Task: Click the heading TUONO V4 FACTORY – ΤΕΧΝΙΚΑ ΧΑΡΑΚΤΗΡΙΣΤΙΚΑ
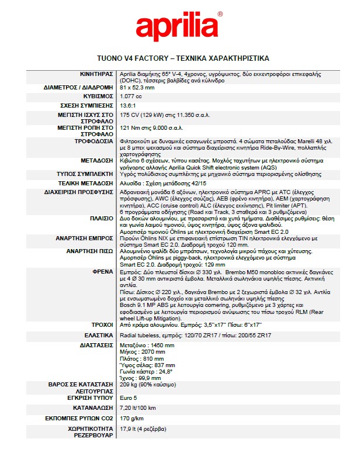182,59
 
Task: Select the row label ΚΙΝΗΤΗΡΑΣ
96,75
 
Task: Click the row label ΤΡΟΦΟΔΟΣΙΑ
93,141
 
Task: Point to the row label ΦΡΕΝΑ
102,272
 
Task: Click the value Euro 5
129,395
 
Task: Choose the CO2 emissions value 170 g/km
132,419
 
